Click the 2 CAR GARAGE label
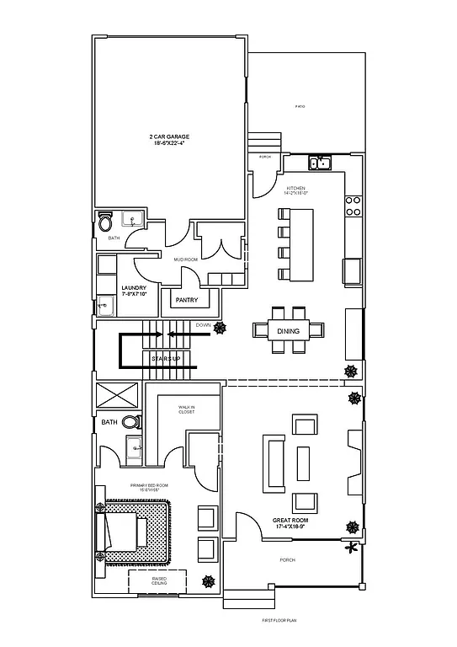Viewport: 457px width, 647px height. click(x=169, y=140)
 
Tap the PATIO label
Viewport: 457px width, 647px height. click(x=299, y=107)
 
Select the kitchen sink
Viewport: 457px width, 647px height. click(x=319, y=163)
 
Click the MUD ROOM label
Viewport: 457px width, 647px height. click(x=184, y=260)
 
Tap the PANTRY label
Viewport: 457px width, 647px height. click(x=186, y=300)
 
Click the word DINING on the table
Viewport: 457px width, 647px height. click(x=288, y=331)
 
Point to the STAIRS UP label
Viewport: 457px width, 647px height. click(x=166, y=360)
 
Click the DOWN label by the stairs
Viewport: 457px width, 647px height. click(x=203, y=325)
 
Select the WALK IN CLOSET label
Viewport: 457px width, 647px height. click(x=186, y=409)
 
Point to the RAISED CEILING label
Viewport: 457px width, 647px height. click(x=159, y=580)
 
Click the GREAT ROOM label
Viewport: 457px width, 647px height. click(x=291, y=523)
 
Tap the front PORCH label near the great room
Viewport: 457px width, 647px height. click(x=288, y=559)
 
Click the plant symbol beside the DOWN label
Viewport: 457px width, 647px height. click(x=221, y=327)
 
